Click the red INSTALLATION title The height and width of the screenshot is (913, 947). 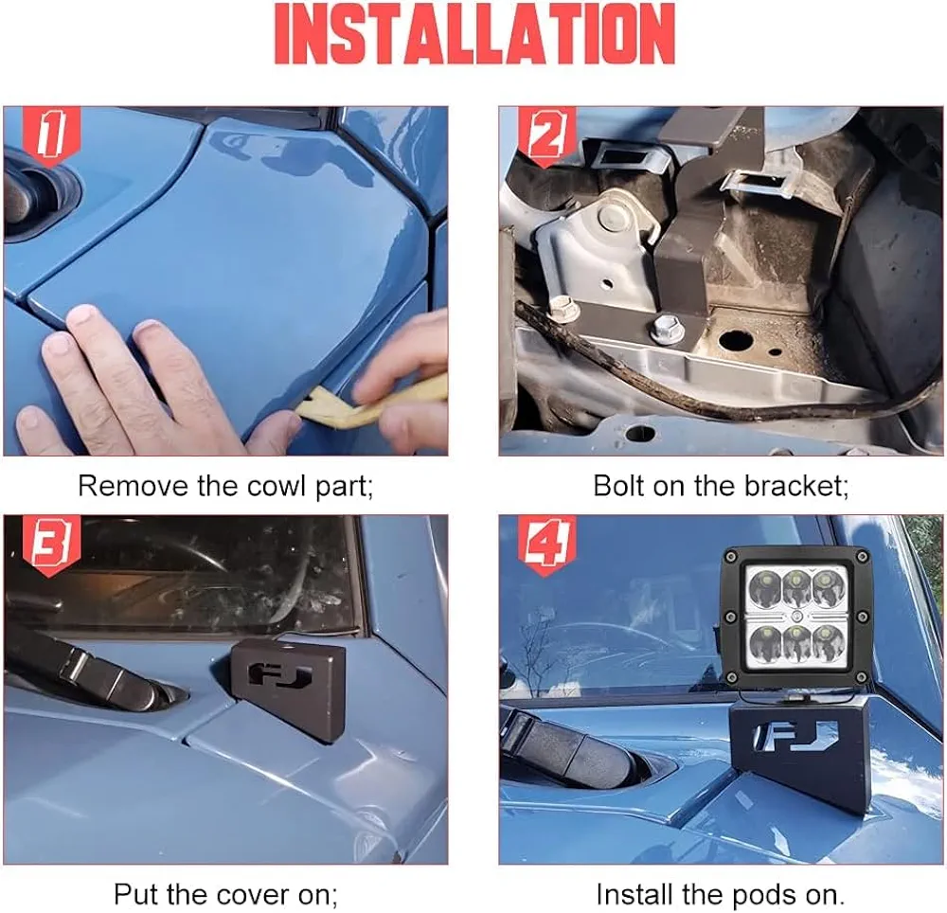474,33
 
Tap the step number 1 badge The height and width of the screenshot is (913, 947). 51,135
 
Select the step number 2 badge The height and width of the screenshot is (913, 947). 546,135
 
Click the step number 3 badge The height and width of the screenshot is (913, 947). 51,546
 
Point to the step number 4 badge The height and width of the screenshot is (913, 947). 546,546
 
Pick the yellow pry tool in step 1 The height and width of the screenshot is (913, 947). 369,403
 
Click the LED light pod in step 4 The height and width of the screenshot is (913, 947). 796,619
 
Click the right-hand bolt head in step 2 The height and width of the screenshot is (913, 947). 664,328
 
